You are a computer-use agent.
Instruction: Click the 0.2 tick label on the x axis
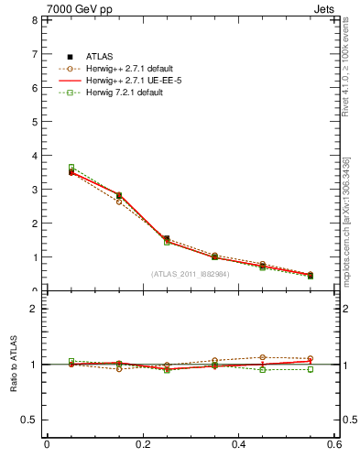(x=142, y=444)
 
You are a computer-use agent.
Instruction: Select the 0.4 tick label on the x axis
(x=238, y=444)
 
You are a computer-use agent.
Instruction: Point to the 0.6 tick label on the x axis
(x=333, y=444)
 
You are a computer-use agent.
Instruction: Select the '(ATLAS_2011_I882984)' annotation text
(x=191, y=274)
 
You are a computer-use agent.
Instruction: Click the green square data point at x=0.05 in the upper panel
(x=71, y=168)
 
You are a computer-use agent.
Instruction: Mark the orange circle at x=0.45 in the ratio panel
(x=262, y=357)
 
